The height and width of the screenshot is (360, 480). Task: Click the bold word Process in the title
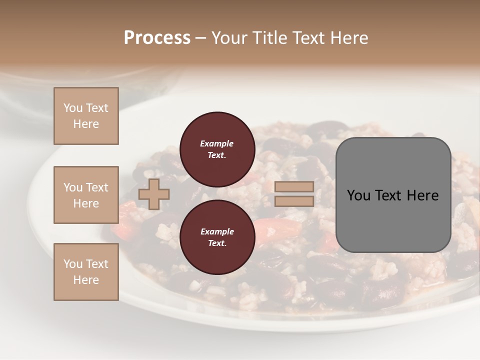click(x=157, y=37)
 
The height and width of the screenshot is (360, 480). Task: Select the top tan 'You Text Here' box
click(x=86, y=116)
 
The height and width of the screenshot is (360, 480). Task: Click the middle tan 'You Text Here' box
click(x=86, y=195)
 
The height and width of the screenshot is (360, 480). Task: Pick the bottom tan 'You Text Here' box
click(x=86, y=272)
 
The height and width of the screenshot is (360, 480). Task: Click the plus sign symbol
click(x=153, y=194)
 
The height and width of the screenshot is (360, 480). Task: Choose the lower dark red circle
click(x=217, y=237)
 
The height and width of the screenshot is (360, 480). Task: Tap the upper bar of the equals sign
click(x=294, y=187)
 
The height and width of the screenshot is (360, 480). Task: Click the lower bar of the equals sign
click(x=294, y=201)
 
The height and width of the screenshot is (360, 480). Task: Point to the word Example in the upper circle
click(x=217, y=143)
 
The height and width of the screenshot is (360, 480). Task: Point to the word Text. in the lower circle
click(x=217, y=243)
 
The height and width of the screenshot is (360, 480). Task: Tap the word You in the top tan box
click(x=73, y=108)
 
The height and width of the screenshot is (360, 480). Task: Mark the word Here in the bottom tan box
click(x=86, y=280)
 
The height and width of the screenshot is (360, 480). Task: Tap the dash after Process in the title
click(x=200, y=37)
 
